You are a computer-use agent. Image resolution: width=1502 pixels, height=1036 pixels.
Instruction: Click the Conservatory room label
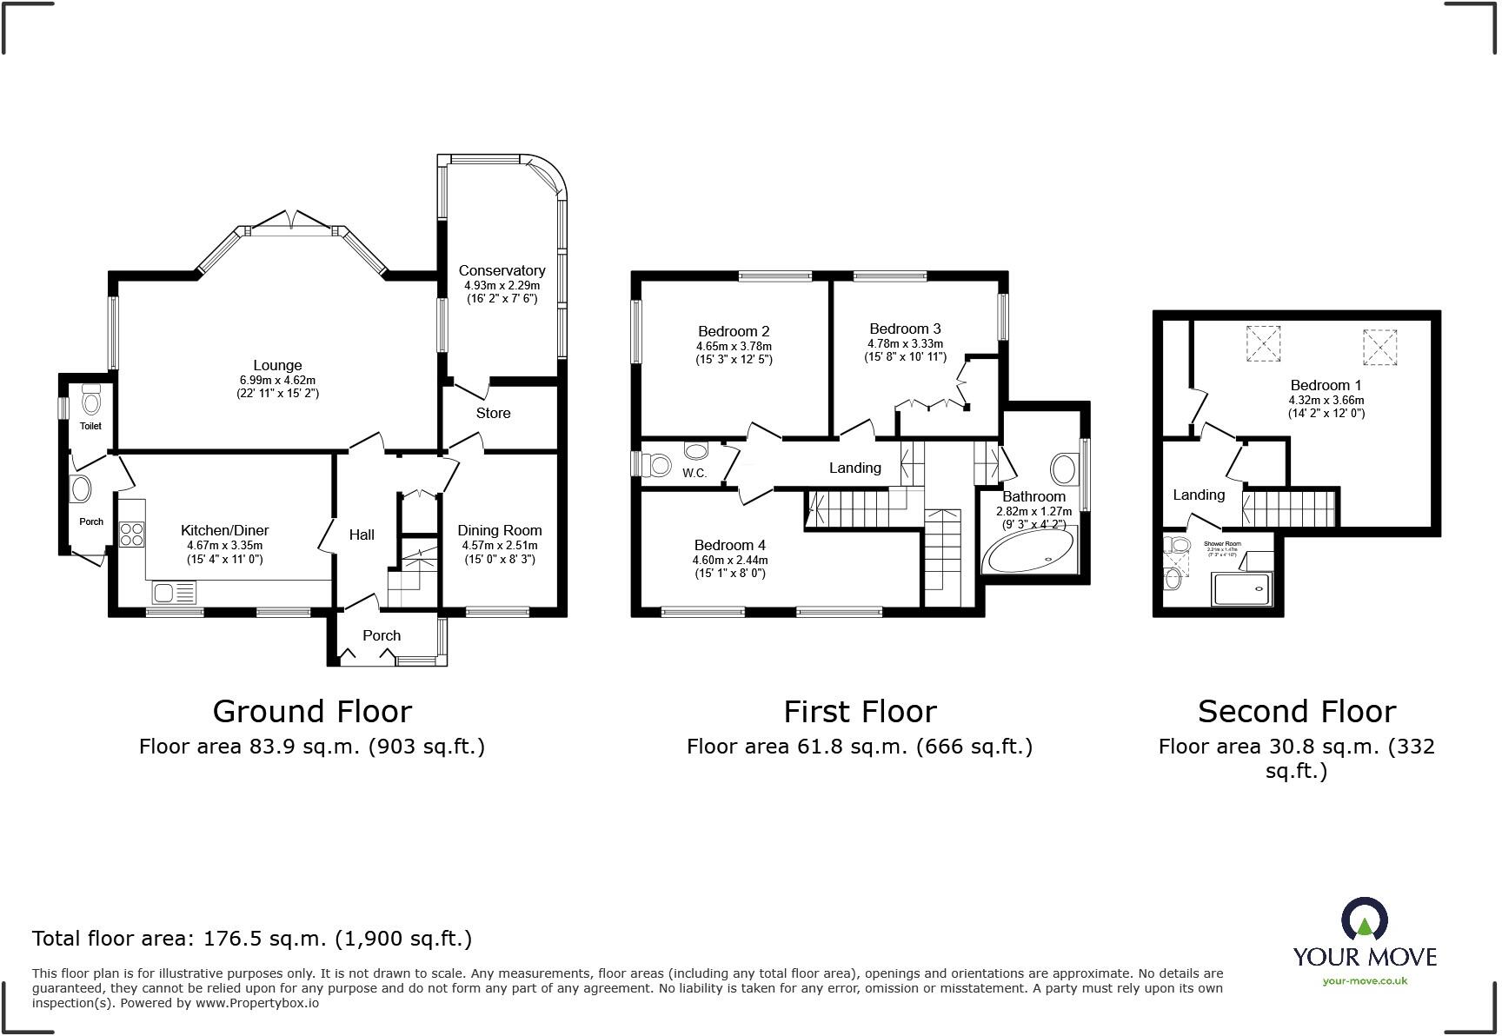502,270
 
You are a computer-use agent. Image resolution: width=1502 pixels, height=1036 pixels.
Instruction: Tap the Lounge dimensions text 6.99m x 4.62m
277,380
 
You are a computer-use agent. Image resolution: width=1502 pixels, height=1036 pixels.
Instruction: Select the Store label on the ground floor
493,413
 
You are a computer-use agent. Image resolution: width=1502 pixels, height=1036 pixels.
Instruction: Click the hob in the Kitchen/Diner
132,533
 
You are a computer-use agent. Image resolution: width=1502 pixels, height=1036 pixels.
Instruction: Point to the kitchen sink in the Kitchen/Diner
174,593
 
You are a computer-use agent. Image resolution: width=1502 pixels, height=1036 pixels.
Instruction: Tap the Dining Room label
499,530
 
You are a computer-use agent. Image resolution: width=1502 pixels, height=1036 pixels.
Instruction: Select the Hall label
362,535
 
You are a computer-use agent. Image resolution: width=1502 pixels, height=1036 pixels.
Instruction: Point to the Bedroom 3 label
905,329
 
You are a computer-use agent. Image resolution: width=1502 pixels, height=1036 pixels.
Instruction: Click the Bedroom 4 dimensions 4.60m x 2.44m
729,560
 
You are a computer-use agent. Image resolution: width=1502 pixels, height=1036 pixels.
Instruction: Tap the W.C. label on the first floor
694,474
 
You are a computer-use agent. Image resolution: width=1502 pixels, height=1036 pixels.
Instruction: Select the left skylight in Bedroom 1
1263,342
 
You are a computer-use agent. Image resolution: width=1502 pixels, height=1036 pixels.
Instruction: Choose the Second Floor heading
1296,711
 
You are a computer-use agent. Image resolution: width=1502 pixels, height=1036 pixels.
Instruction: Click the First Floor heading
860,711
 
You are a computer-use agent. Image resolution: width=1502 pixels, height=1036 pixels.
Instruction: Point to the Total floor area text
252,938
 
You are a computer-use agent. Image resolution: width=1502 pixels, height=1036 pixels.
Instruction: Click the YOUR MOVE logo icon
1364,918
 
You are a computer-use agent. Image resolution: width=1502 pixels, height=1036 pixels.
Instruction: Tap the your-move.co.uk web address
1364,980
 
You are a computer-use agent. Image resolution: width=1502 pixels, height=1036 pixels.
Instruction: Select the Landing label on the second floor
1199,495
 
